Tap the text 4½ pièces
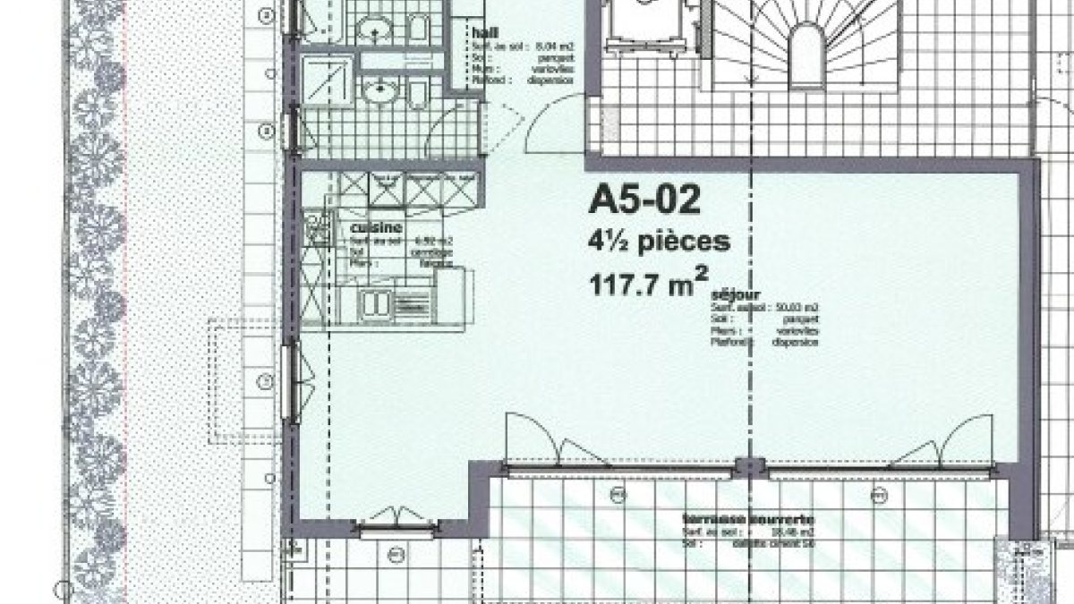tap(659, 242)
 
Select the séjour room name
tap(735, 295)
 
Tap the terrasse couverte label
tap(748, 519)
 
